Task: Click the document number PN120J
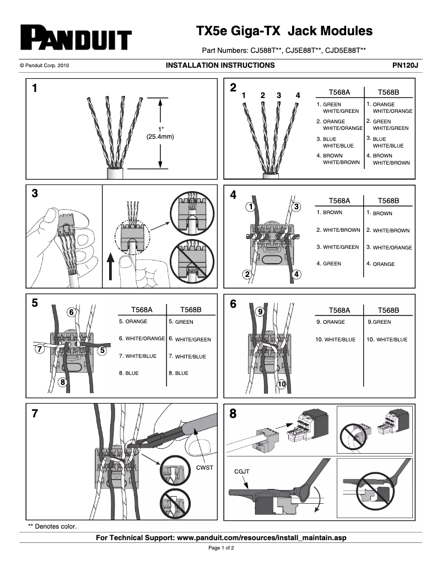tap(405, 65)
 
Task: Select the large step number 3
tap(35, 194)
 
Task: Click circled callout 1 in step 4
tap(250, 207)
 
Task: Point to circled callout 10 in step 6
tap(282, 384)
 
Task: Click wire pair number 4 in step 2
tap(298, 95)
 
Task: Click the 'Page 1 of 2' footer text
tap(221, 548)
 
